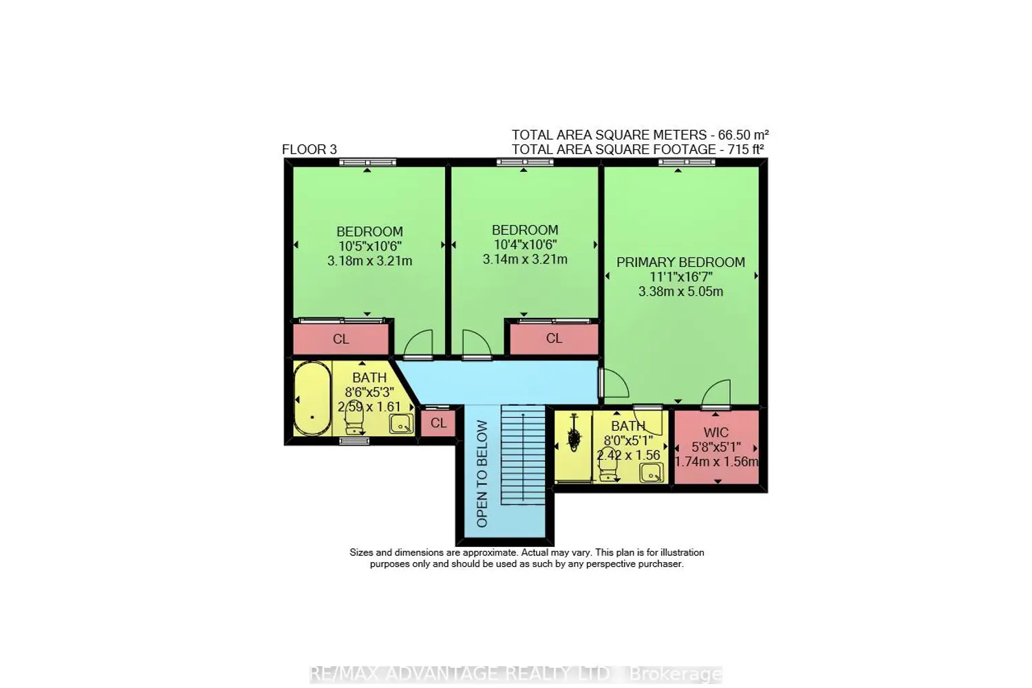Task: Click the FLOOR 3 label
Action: [309, 149]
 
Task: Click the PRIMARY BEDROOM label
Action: [680, 262]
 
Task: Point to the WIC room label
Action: [716, 432]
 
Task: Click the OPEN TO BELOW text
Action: [482, 474]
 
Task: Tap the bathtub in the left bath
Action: [312, 398]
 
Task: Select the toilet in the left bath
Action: [354, 420]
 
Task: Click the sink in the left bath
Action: [401, 424]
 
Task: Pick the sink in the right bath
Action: [652, 473]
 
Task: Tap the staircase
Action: [524, 455]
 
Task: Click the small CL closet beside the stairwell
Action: [438, 423]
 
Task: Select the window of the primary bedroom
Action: [687, 162]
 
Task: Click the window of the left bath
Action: [354, 441]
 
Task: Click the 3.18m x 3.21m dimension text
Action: [369, 261]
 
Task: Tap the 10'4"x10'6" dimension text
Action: [525, 244]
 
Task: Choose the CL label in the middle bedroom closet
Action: [554, 338]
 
